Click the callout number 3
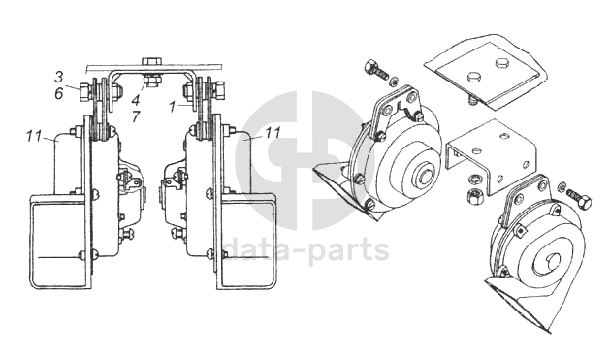coord(58,77)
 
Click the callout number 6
coord(59,93)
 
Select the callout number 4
coord(135,100)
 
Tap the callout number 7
coord(136,116)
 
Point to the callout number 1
coord(173,106)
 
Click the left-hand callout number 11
coord(34,137)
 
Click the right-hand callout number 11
coord(273,133)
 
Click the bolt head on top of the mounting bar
coord(152,61)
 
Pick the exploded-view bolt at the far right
coord(580,196)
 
